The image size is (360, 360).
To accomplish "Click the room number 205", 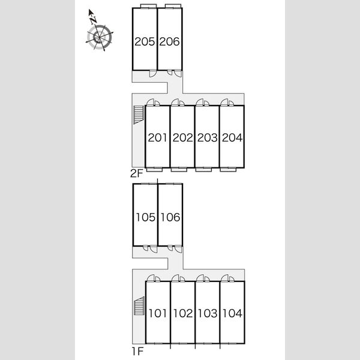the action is point(145,41).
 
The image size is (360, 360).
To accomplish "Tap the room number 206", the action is point(169,41).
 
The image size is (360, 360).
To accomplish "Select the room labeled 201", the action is point(157,137).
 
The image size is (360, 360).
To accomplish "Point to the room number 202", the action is point(183,137).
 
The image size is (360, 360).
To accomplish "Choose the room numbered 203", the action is point(208,137).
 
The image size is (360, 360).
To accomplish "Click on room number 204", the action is point(232,137).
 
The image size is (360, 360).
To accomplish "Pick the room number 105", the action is point(146,217).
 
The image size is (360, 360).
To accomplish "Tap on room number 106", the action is point(170,217).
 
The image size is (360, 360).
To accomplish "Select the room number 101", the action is point(158,313).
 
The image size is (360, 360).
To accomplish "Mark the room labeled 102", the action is point(183,313).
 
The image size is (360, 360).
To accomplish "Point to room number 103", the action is point(208,313).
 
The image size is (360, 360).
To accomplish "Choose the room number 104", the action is point(233,313).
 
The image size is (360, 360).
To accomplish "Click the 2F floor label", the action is point(137,173).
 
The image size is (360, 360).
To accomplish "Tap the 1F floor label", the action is point(137,351).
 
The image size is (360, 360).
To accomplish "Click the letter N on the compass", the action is point(93,20).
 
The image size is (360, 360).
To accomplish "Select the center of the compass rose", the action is point(100,37).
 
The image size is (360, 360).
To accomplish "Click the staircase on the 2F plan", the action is point(139,115).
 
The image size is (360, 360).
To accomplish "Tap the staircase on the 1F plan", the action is point(139,306).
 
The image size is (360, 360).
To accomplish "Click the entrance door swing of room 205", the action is point(152,73).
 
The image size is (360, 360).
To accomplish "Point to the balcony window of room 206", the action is point(173,6).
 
